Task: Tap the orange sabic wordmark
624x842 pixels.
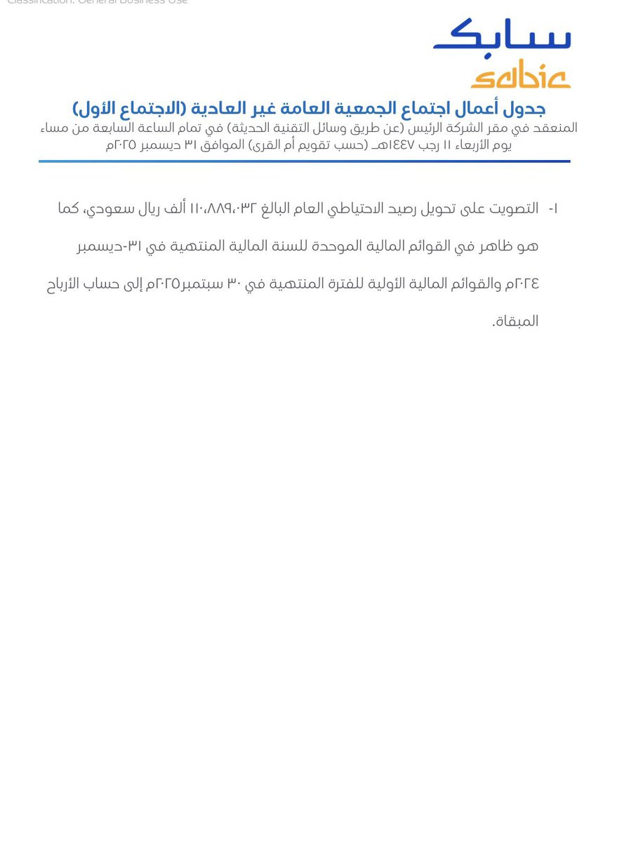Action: click(x=520, y=74)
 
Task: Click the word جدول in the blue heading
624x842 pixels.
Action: click(x=524, y=109)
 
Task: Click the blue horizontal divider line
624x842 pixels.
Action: click(x=304, y=161)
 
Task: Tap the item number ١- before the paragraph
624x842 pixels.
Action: click(x=553, y=208)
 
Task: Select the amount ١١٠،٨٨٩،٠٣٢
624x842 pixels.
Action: click(x=224, y=208)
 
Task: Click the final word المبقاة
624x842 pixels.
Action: click(x=515, y=321)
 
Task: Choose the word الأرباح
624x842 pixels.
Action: click(x=64, y=283)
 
